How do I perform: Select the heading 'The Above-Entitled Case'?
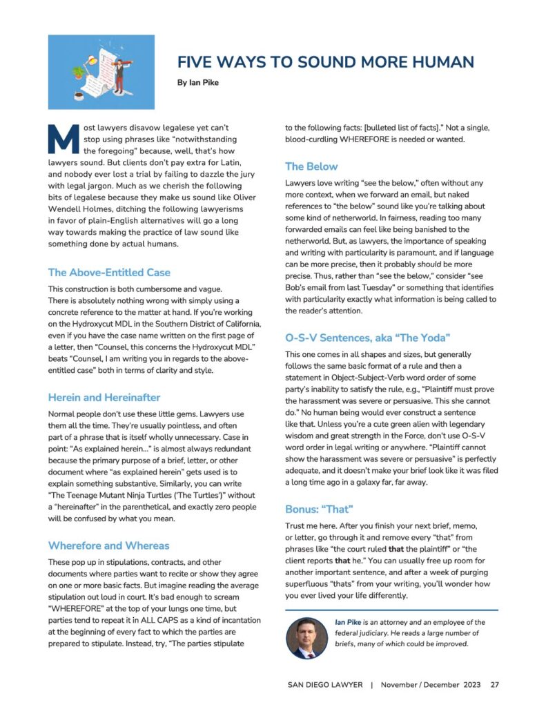(x=109, y=272)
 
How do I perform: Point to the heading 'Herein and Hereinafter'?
(x=104, y=398)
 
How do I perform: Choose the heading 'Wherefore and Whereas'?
(x=108, y=545)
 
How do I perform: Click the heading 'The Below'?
(x=311, y=166)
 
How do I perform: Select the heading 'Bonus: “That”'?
(x=319, y=509)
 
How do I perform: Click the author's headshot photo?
(x=305, y=638)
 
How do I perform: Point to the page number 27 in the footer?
(x=494, y=685)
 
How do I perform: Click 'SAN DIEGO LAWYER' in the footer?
(x=324, y=685)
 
